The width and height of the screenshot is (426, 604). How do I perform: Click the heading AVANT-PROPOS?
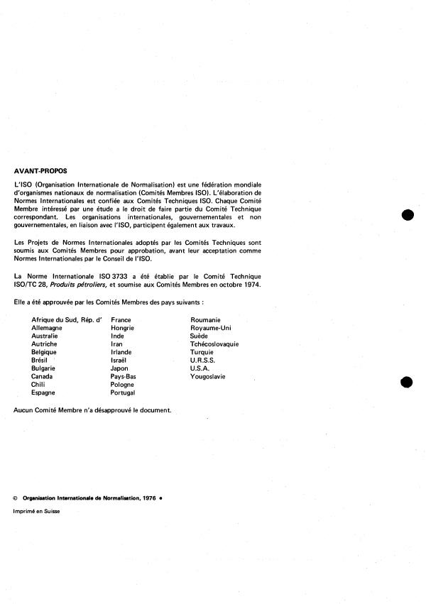(x=41, y=171)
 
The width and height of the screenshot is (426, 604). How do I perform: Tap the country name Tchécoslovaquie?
(x=214, y=344)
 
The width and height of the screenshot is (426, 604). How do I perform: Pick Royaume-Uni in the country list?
(x=211, y=328)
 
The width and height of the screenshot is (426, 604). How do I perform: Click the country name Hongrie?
(x=123, y=328)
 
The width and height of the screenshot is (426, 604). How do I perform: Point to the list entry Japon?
(x=121, y=368)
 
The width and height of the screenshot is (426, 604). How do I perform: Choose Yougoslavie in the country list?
(x=208, y=376)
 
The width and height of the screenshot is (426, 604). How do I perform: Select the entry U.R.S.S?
(x=204, y=361)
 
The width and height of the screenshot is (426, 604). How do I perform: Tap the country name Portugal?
(x=124, y=392)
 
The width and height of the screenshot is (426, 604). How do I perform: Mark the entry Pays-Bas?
(x=124, y=376)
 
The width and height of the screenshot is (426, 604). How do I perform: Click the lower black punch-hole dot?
(x=407, y=383)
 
